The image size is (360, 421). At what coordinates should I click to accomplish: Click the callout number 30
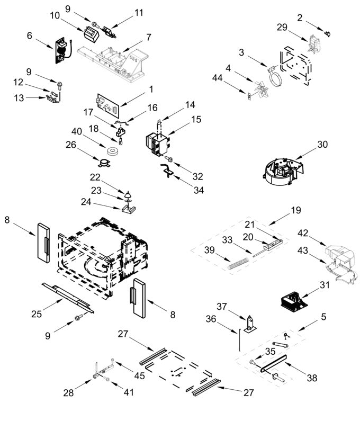(x=323, y=145)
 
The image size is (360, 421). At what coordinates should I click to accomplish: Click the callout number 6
(x=30, y=35)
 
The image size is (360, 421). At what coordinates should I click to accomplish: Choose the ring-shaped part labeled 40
(x=112, y=152)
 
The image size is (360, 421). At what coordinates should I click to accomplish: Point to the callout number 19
(x=295, y=210)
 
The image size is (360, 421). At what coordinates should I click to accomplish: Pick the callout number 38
(x=312, y=379)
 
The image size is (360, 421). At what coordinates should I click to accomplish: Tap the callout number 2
(x=300, y=18)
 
